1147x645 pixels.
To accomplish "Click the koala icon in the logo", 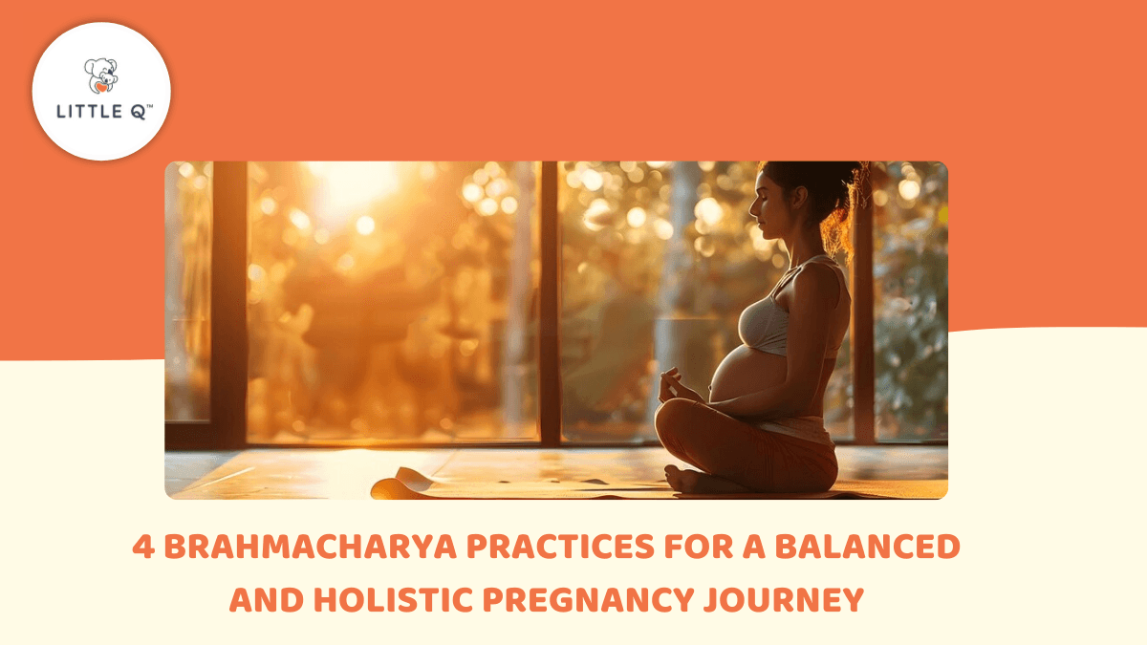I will click(x=100, y=75).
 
